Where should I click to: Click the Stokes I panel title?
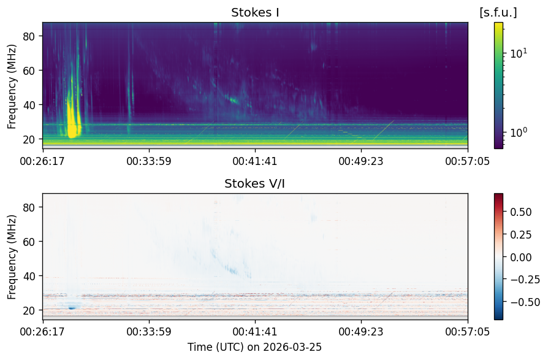pos(255,13)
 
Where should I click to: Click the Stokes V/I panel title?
pos(255,183)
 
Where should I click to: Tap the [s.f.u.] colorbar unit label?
pos(498,13)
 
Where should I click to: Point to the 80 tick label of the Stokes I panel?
pos(28,36)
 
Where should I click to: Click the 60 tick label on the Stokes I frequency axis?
pos(28,71)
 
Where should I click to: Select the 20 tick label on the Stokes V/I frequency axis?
pos(28,310)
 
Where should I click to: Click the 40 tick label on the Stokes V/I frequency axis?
pos(28,276)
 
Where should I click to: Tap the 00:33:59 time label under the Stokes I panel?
pos(149,161)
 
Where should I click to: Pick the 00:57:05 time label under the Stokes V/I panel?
pos(468,331)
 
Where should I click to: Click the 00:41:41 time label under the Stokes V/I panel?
pos(255,331)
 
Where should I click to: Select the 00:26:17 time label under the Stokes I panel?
pos(42,161)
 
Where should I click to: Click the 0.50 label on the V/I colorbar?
pos(521,212)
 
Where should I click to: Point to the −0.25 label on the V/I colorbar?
pos(525,279)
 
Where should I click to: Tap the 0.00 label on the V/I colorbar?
pos(521,257)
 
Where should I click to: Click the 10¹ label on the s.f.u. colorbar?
pos(519,53)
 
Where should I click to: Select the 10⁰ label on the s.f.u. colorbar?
pos(519,132)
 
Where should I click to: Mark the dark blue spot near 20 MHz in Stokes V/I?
pos(72,308)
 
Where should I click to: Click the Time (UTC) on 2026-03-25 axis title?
pos(255,347)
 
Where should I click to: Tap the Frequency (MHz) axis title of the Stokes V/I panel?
pos(12,257)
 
